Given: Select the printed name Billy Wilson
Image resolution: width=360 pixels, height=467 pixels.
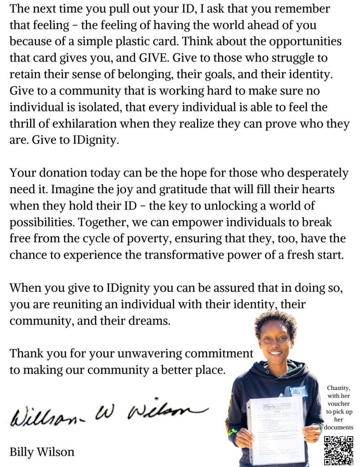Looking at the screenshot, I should [42, 451].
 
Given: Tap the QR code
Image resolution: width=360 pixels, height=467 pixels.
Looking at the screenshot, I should [338, 450].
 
